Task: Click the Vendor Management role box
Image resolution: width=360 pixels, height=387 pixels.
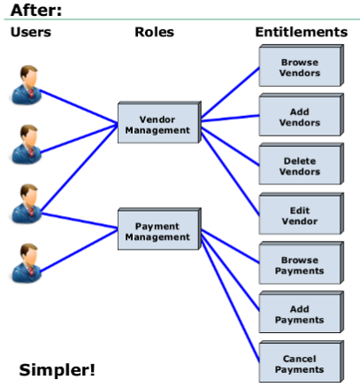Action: (159, 122)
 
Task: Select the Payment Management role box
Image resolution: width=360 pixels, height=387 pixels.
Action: (159, 229)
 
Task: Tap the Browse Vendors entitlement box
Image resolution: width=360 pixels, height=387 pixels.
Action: (302, 66)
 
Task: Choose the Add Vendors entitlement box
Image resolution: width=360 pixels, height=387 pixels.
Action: (302, 115)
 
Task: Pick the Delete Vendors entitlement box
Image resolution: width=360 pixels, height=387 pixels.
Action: (302, 164)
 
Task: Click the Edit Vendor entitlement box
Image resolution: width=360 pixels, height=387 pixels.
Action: (302, 213)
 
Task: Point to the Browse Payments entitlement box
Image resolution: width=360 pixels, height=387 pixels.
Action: (302, 263)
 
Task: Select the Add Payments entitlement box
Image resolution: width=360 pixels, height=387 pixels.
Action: (302, 313)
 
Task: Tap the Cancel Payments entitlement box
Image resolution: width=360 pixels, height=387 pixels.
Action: (302, 361)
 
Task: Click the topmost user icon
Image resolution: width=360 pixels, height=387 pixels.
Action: (27, 85)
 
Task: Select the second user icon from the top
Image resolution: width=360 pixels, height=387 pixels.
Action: (27, 144)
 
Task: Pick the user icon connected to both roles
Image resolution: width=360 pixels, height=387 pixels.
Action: (27, 204)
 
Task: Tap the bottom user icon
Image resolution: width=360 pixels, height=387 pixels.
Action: (27, 263)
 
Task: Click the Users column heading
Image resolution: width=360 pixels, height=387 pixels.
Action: (31, 32)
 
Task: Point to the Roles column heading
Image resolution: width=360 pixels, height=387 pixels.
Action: (154, 32)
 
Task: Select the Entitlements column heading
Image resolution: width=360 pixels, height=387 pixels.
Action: (302, 32)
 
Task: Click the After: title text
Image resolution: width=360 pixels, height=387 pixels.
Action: (36, 10)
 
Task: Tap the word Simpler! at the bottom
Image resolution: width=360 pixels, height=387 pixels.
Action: (57, 369)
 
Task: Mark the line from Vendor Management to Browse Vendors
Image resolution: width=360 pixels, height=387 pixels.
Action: (230, 93)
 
